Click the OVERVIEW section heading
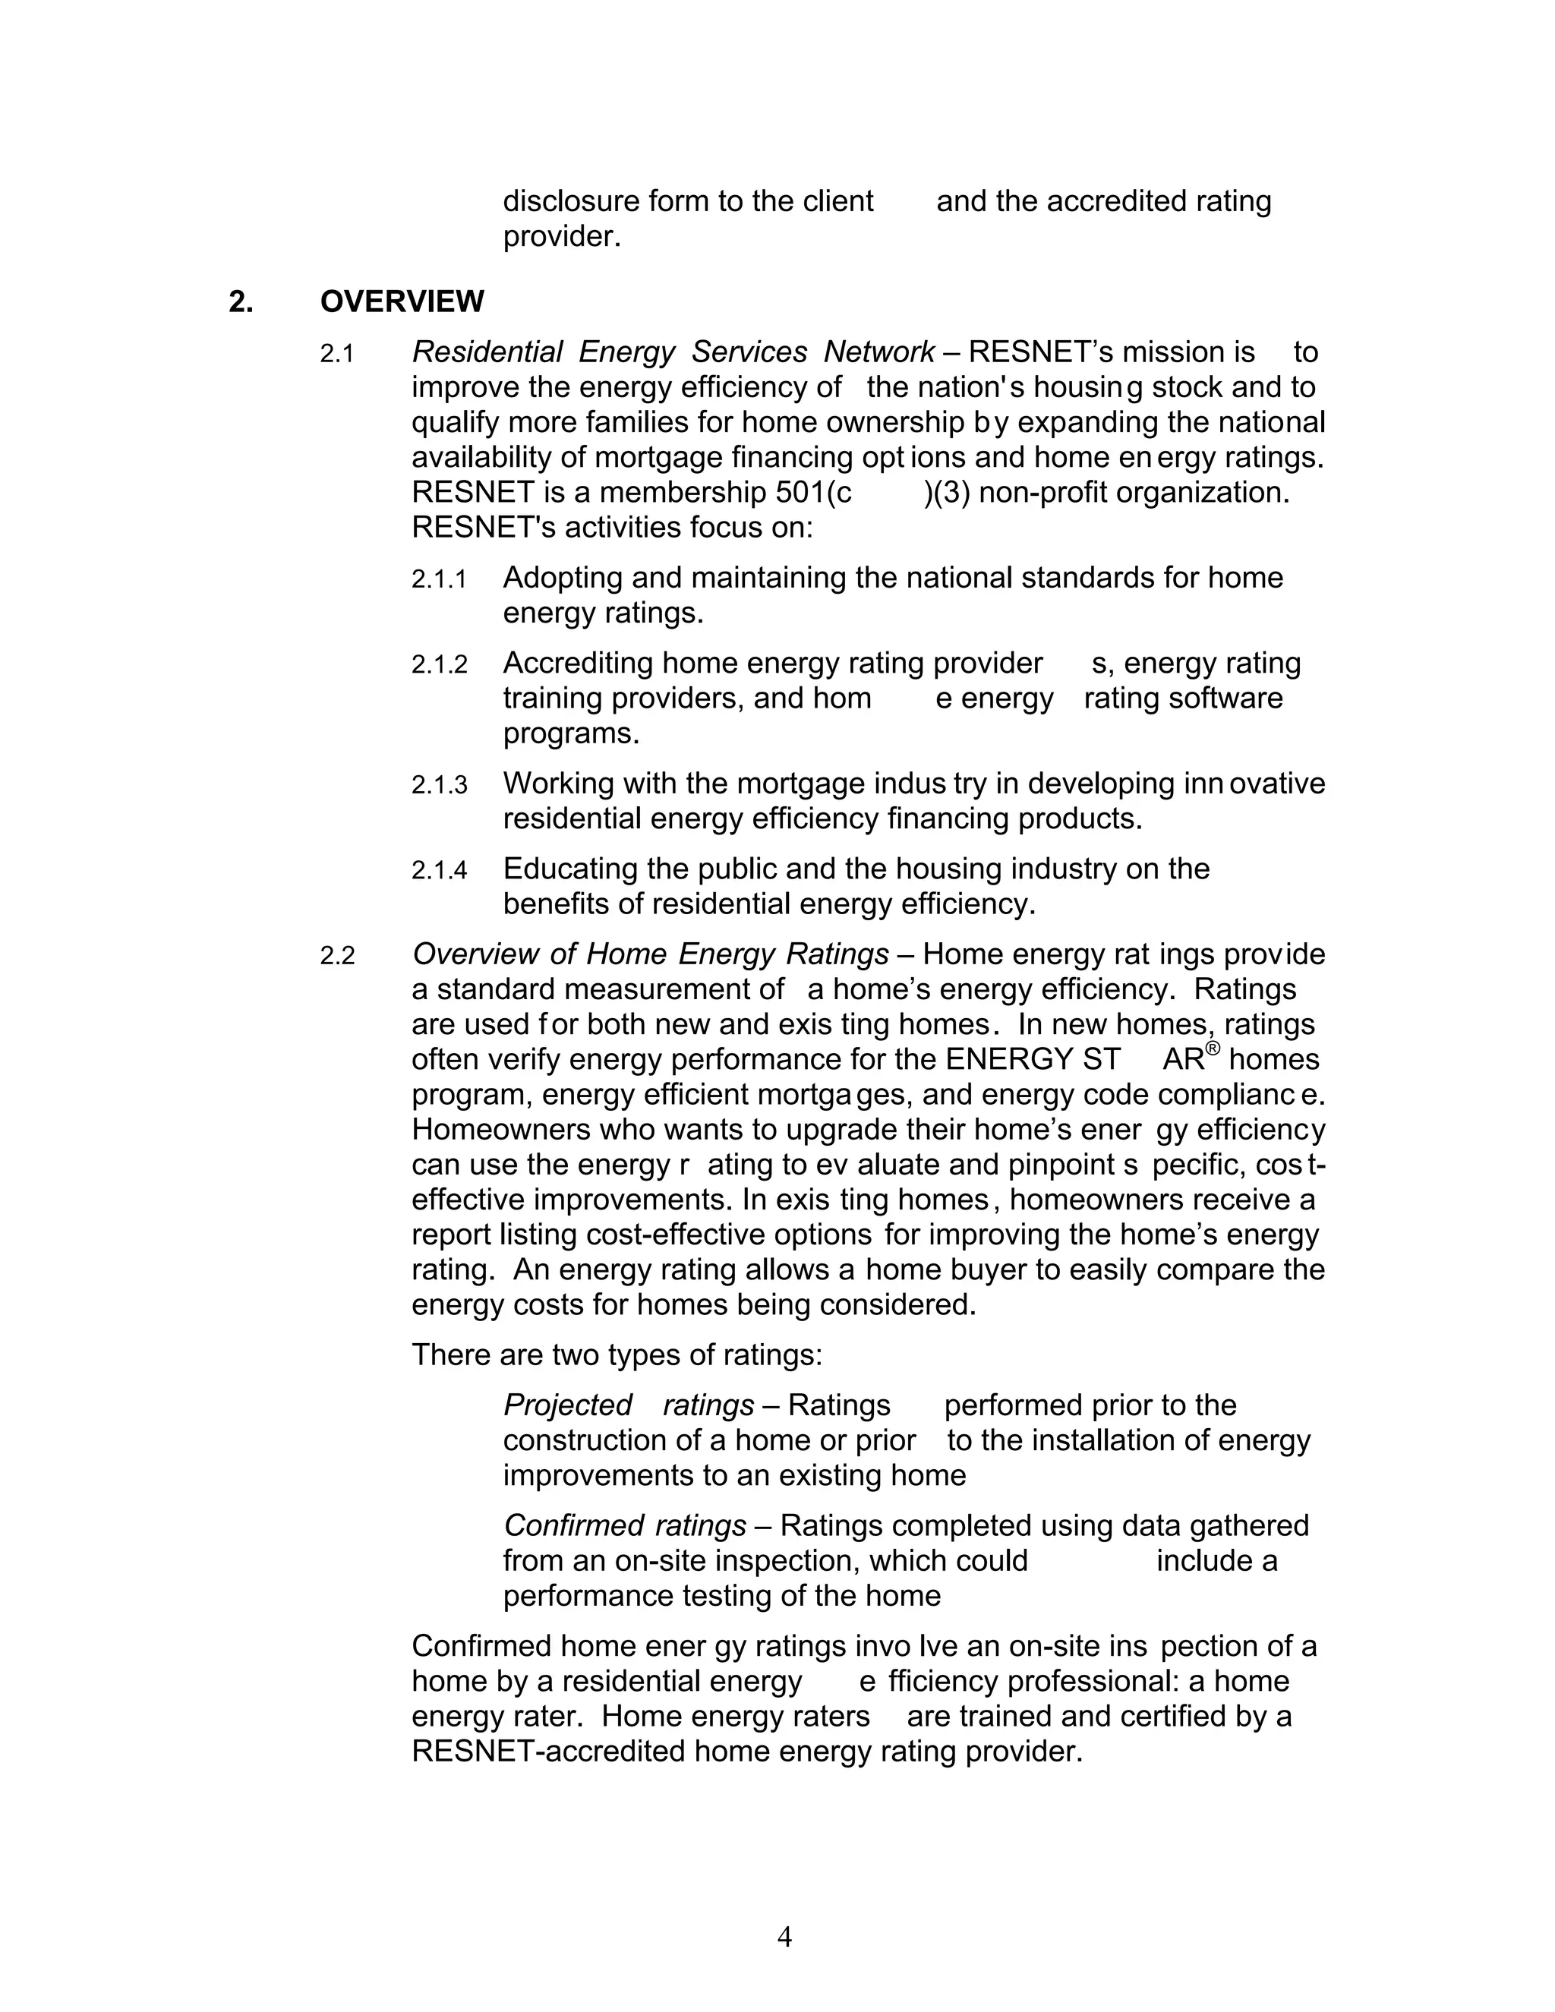coord(402,301)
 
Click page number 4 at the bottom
coord(784,1937)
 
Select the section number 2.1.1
coord(440,579)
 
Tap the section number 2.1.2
coord(440,664)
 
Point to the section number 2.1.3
coord(440,785)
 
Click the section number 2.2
coord(337,955)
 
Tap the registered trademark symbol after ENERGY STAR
coord(1213,1049)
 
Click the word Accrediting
coord(578,664)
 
